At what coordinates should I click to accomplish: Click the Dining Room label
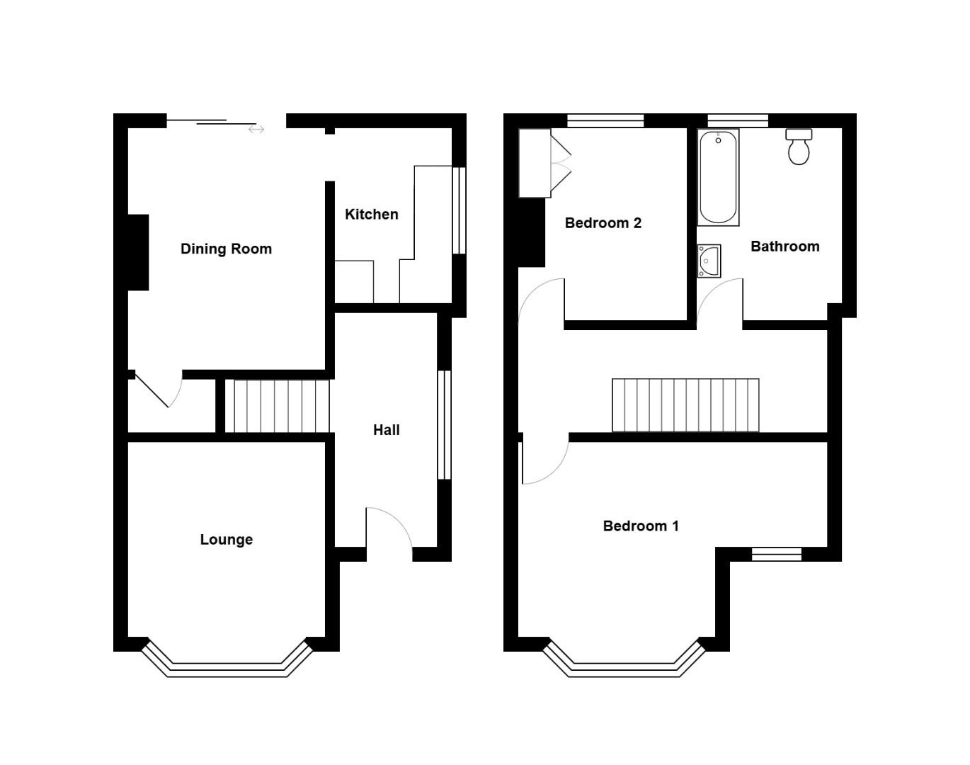[226, 249]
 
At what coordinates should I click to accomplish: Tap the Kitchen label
[371, 214]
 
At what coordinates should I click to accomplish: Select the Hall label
[387, 429]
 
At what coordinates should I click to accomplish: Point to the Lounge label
[226, 539]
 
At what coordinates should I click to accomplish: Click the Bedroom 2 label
[603, 223]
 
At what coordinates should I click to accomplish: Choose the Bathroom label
[784, 246]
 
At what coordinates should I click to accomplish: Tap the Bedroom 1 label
[640, 526]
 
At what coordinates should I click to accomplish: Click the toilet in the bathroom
[799, 147]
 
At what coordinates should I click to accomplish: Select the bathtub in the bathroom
[718, 177]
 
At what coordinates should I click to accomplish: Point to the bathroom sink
[709, 261]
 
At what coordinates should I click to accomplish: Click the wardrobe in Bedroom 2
[535, 163]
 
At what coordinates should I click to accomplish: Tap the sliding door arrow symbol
[256, 129]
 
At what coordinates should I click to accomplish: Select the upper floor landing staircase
[685, 405]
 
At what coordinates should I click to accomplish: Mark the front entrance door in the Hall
[389, 531]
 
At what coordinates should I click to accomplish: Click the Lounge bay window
[227, 666]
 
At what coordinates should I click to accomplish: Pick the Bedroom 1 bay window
[625, 666]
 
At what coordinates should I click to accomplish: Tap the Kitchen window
[459, 210]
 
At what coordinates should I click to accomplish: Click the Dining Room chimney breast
[138, 252]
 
